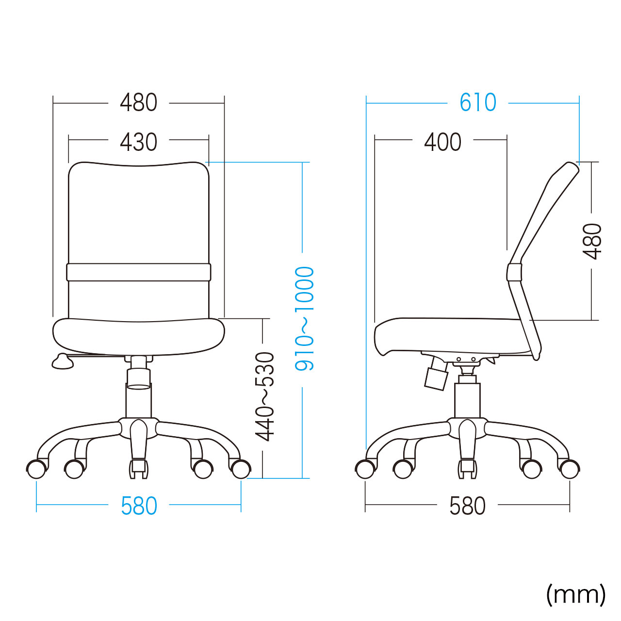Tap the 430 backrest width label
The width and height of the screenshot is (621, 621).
(139, 142)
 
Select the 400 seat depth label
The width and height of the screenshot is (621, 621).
(443, 142)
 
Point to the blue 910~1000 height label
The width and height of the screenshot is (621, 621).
(304, 319)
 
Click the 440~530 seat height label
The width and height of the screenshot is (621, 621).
(264, 397)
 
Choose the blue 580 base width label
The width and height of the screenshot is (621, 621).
(139, 507)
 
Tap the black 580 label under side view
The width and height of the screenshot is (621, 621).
(467, 507)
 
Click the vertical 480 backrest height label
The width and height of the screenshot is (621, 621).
(593, 242)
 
